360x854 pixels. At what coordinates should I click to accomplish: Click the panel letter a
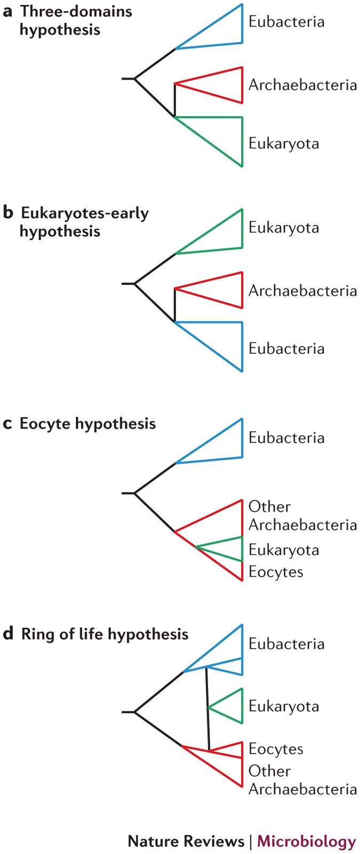click(7, 12)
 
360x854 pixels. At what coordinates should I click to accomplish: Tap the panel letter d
click(7, 634)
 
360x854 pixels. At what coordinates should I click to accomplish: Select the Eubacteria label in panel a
click(286, 22)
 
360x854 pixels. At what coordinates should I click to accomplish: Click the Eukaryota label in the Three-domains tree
click(283, 144)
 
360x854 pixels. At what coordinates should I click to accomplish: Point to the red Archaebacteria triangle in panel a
click(219, 84)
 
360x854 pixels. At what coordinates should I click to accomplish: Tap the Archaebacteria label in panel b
click(302, 291)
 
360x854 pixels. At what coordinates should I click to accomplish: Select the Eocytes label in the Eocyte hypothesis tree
click(275, 572)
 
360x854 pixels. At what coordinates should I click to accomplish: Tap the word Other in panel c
click(269, 506)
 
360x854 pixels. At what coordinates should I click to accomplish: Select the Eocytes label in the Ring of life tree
click(275, 749)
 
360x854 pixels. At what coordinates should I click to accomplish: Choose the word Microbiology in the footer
click(306, 841)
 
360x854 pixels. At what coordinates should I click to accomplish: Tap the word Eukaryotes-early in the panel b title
click(84, 213)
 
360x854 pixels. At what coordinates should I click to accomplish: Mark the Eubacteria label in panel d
click(286, 644)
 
